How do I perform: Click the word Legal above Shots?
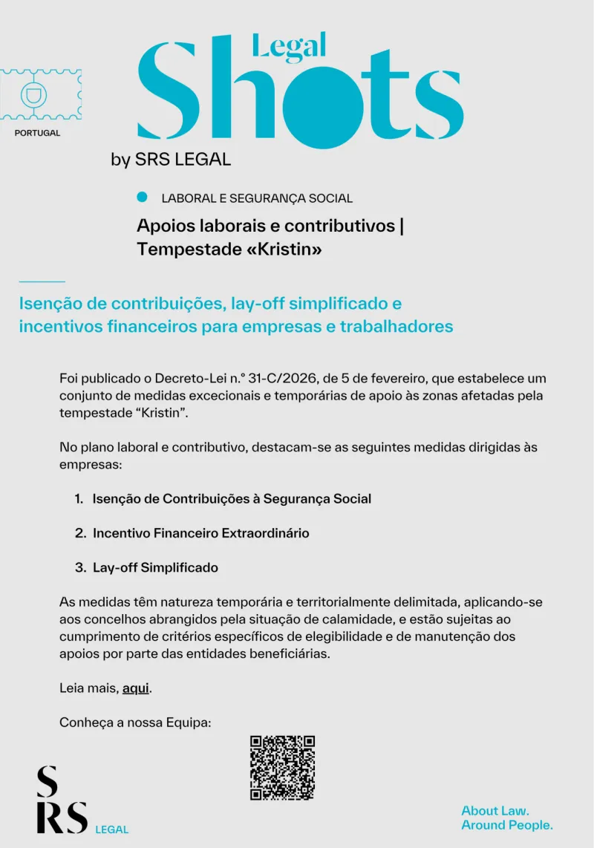coord(290,45)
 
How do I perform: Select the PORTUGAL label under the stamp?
coord(37,134)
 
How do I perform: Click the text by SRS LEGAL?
coord(171,160)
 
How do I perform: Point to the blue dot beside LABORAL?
coord(143,198)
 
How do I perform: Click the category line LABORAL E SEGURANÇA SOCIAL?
coord(257,198)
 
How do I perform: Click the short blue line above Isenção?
coord(42,281)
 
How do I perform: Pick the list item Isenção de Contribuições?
coord(232,499)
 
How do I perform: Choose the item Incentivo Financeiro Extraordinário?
coord(200,533)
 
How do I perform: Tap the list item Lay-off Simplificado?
coord(155,567)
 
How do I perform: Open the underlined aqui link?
coord(136,688)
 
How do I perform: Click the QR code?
coord(282,768)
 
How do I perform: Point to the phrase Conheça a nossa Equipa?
coord(136,723)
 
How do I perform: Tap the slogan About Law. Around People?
coord(507,818)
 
